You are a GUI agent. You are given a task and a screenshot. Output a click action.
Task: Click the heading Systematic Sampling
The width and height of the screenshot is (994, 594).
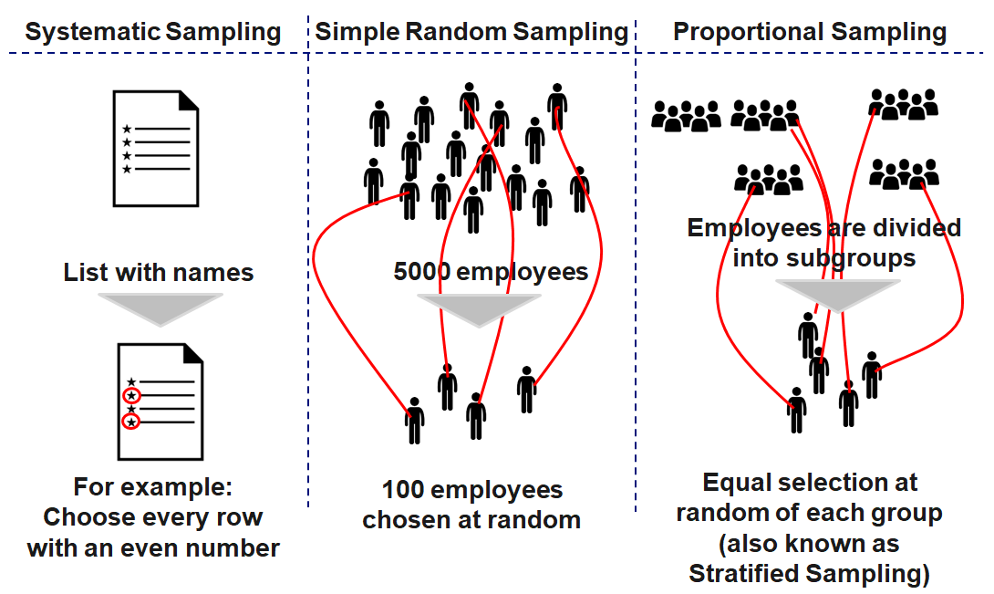(x=152, y=33)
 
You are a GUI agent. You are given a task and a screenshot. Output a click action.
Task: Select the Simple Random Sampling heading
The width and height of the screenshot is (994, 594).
(x=471, y=33)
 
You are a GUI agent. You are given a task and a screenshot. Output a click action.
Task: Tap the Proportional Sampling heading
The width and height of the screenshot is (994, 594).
(x=810, y=33)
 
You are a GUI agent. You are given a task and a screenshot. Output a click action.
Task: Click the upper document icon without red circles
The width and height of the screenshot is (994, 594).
(x=156, y=148)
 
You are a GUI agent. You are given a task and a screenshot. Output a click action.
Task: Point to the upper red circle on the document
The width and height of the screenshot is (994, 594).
(x=132, y=396)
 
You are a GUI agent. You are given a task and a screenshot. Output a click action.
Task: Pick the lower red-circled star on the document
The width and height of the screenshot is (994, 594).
(x=132, y=422)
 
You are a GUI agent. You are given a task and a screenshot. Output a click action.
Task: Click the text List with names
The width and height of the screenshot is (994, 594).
(x=159, y=272)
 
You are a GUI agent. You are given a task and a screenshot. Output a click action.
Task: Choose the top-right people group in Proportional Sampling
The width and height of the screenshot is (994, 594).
(x=903, y=104)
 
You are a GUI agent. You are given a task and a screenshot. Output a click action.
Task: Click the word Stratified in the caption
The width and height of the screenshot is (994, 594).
(x=750, y=573)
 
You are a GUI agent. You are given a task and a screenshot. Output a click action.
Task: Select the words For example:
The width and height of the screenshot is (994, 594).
(x=153, y=485)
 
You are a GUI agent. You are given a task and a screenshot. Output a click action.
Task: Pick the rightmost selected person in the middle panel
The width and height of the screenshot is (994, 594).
(x=526, y=389)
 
